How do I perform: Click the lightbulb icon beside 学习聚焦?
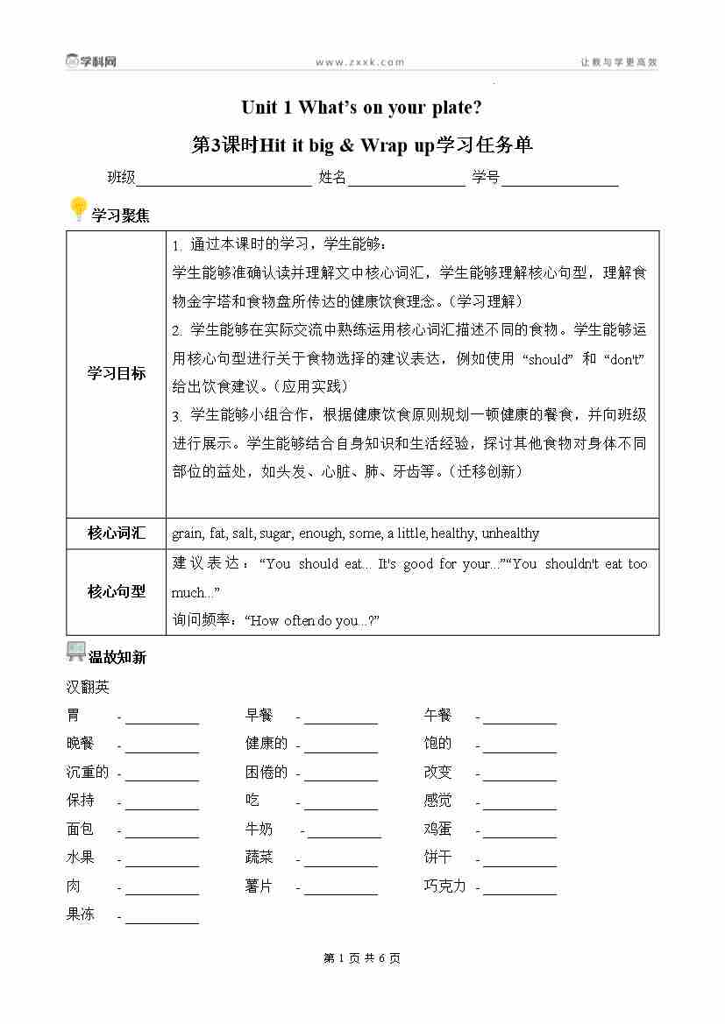click(78, 210)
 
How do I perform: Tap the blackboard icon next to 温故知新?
click(76, 652)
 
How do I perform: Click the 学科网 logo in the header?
click(91, 61)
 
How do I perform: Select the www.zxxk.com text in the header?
click(359, 62)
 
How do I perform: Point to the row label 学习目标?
click(116, 373)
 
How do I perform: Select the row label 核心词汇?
click(116, 533)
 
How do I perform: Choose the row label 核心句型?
click(116, 591)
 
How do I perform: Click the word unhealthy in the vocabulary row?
click(510, 533)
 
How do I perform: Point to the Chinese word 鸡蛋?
click(438, 829)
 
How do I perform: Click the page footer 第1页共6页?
click(362, 958)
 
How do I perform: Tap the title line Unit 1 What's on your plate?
click(361, 108)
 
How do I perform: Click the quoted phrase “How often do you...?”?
click(311, 620)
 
